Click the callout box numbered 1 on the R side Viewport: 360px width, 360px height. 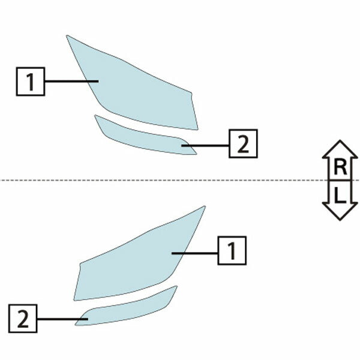30,81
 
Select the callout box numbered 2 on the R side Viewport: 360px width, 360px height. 243,144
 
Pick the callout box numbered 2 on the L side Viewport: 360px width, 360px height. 23,318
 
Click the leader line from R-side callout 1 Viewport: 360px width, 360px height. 71,81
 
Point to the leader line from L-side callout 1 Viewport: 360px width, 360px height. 195,253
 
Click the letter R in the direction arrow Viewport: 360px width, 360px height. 340,167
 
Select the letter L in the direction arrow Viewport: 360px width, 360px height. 340,194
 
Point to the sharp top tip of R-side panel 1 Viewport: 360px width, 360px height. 68,37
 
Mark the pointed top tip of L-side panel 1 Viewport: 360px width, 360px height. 204,207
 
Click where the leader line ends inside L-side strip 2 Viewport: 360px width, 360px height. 88,318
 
